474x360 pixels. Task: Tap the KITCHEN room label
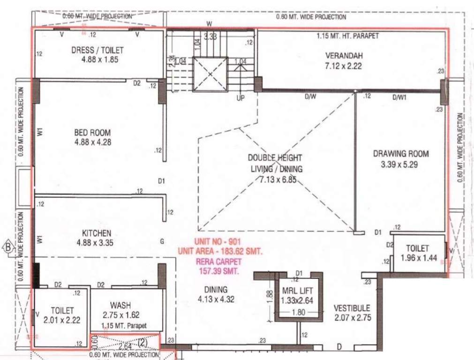tap(97, 233)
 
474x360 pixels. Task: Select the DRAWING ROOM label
tap(400, 153)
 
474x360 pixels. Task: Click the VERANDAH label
tap(344, 56)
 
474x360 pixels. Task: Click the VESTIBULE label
tap(352, 308)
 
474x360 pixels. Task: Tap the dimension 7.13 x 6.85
tap(278, 179)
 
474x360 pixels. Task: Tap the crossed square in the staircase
tap(210, 74)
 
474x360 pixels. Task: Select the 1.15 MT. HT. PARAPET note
tap(347, 36)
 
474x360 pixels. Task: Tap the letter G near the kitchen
tap(162, 242)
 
